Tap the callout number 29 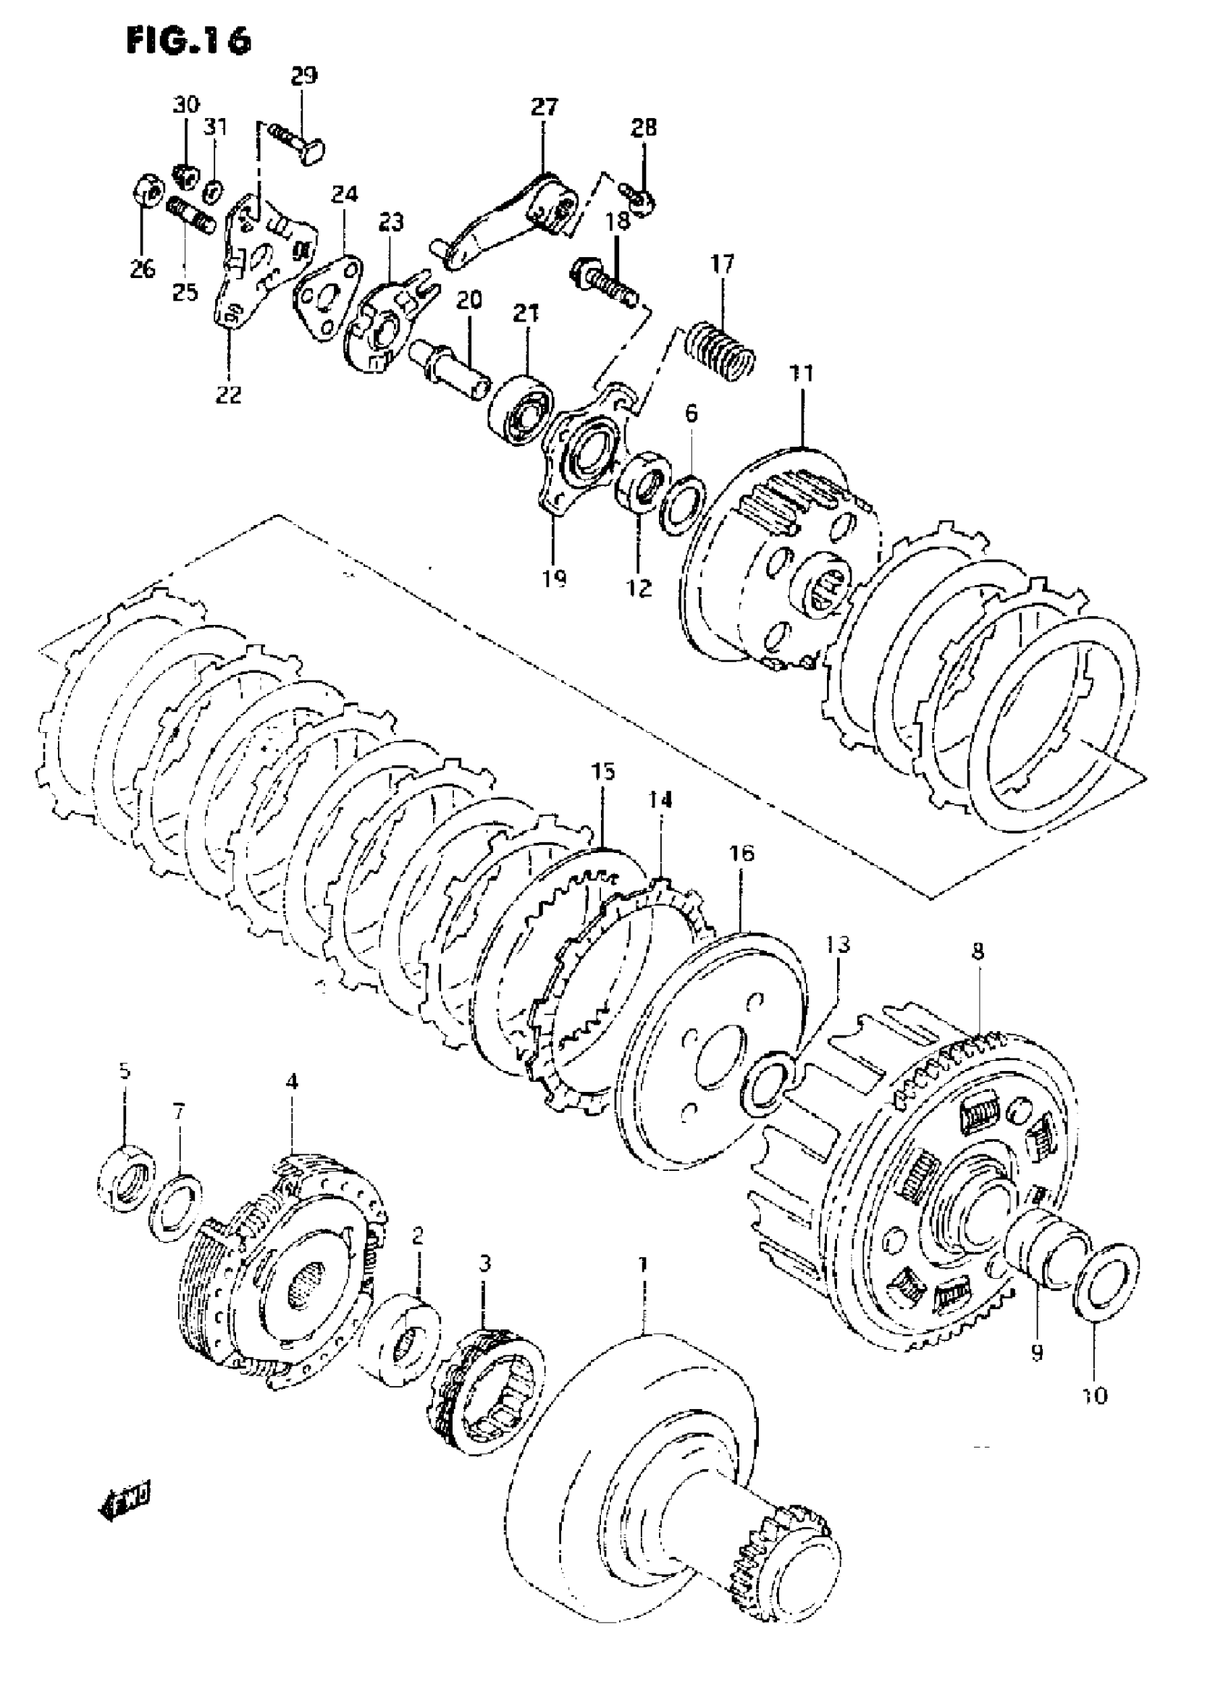tap(304, 75)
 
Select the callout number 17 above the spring tap(722, 265)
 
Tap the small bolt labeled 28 tap(642, 197)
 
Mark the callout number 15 tap(603, 771)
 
